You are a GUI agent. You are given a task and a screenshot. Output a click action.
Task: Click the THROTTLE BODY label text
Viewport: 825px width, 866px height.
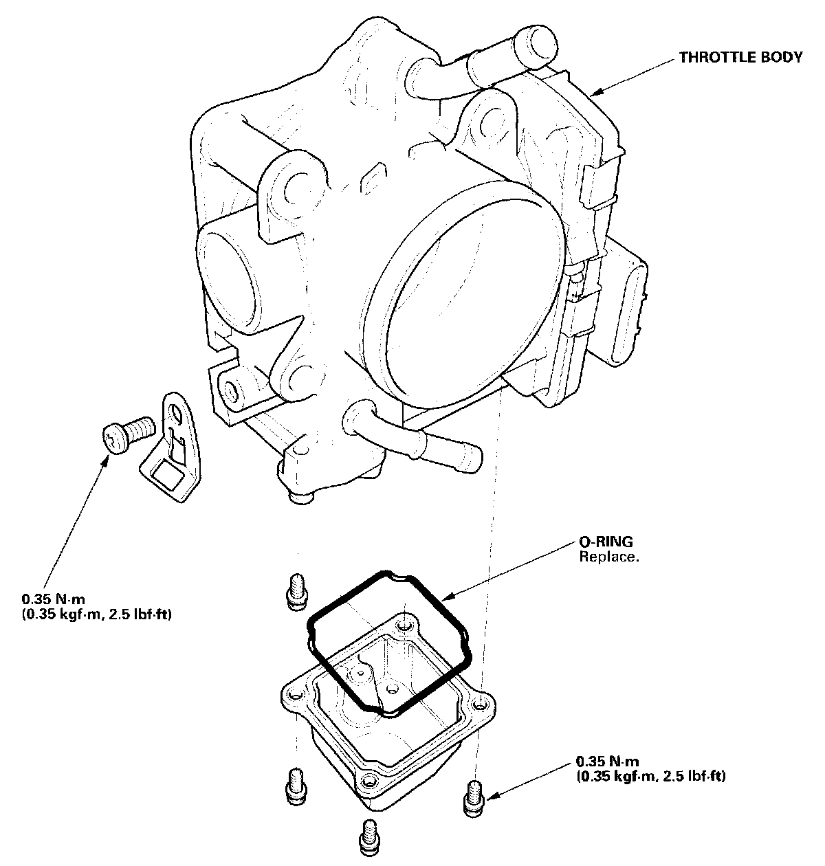pyautogui.click(x=740, y=57)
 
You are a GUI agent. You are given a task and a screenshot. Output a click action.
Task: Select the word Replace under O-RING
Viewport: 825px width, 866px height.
pyautogui.click(x=609, y=557)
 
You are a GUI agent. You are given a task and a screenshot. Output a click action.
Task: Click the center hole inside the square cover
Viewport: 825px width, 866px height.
pyautogui.click(x=393, y=688)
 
